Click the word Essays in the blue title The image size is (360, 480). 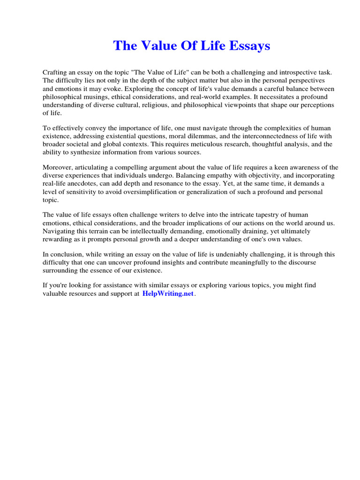click(249, 46)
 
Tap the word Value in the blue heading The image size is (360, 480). click(158, 46)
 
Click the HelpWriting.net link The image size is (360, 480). click(168, 294)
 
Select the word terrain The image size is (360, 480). click(107, 232)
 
